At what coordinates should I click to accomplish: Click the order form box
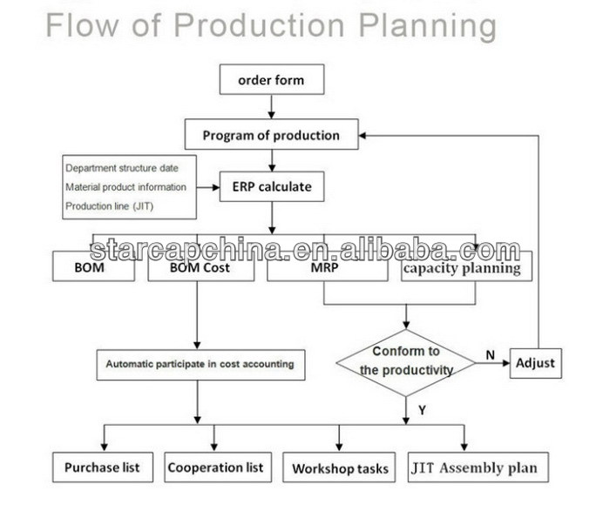coord(272,80)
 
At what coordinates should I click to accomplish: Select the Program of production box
coord(271,134)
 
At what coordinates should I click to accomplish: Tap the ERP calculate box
coord(272,187)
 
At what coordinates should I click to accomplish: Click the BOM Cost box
coord(200,266)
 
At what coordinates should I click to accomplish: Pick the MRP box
coord(327,266)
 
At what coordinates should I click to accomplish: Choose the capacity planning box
coord(466,266)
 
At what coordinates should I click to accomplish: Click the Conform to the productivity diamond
coord(406,363)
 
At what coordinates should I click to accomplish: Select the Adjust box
coord(536,363)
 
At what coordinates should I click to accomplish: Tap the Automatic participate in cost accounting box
coord(200,365)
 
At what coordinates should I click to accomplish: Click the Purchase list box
coord(103,468)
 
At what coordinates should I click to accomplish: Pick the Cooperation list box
coord(218,468)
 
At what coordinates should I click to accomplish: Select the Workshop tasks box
coord(339,468)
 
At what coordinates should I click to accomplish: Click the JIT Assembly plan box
coord(478,468)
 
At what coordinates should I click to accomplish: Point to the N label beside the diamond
coord(490,354)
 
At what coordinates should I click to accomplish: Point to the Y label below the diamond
coord(422,409)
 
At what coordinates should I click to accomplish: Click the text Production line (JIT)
coord(109,206)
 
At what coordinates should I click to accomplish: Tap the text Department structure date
coord(122,168)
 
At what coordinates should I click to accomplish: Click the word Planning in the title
coord(427,26)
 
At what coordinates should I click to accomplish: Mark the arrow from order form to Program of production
coord(272,106)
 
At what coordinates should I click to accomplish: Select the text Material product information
coord(125,187)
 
